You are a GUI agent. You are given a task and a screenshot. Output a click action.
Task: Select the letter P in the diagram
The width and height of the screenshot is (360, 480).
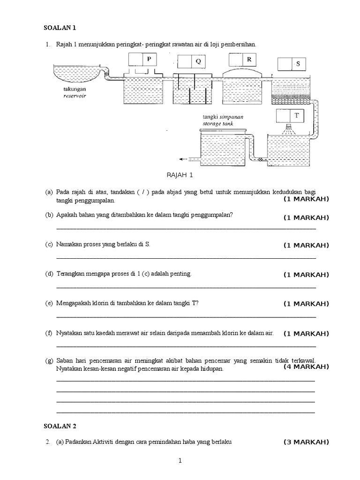coord(149,60)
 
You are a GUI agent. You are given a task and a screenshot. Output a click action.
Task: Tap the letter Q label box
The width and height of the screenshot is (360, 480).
coord(198,61)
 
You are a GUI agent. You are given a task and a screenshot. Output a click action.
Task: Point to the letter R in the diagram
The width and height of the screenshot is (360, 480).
coord(249,60)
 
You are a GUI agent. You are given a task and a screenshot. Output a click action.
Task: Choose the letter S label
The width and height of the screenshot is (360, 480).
coord(298,64)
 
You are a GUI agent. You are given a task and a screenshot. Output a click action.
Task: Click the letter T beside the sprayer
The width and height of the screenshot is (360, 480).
coord(296,115)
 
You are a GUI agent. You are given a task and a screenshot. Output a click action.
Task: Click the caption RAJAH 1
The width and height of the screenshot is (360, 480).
coord(180,175)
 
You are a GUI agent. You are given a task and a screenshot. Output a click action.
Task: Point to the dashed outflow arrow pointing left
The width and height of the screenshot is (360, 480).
coord(185,159)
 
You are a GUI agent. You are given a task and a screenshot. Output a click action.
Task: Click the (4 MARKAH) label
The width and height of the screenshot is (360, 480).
coord(306,367)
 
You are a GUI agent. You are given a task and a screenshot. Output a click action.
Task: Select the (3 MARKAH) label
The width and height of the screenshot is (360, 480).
coord(306,442)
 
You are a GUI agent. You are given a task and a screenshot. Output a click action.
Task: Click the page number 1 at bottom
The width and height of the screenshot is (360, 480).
coord(180,461)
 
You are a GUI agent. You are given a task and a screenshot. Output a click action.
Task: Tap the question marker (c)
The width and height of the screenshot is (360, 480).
coord(49,245)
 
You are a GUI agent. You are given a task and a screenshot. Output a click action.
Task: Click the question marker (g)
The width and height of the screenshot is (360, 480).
coord(49,361)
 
